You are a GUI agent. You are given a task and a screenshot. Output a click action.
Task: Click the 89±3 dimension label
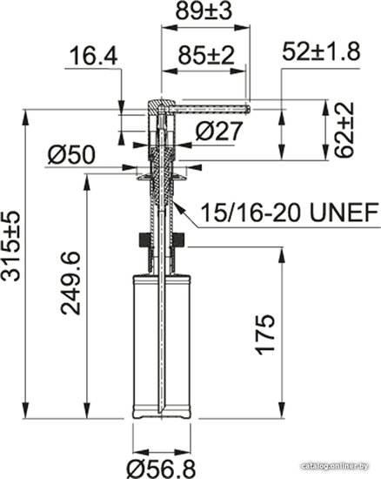204,11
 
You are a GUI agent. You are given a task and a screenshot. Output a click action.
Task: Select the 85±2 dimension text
206,55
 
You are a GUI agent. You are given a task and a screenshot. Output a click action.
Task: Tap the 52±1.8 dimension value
321,51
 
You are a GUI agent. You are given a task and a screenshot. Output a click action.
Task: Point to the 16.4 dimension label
94,57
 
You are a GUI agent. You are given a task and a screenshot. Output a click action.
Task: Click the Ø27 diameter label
218,132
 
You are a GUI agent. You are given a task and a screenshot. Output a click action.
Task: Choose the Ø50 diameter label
71,154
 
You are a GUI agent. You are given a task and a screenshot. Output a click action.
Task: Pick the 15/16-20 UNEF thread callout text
290,213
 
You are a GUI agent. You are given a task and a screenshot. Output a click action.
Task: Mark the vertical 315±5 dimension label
11,246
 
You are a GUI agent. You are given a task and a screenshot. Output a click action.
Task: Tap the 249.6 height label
70,283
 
